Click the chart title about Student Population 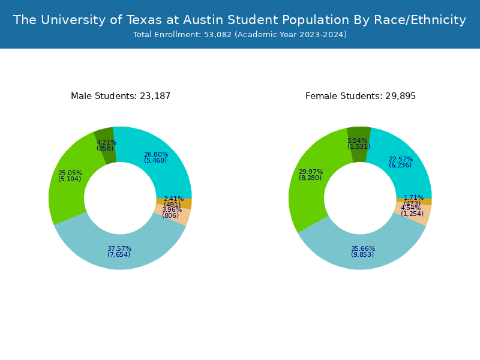pos(239,20)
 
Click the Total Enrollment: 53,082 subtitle pos(239,35)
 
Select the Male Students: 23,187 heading pos(121,96)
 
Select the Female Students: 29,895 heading pos(360,96)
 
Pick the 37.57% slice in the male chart pos(120,252)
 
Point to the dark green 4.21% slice pos(104,139)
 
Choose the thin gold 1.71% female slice pos(426,202)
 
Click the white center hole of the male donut pos(120,198)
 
